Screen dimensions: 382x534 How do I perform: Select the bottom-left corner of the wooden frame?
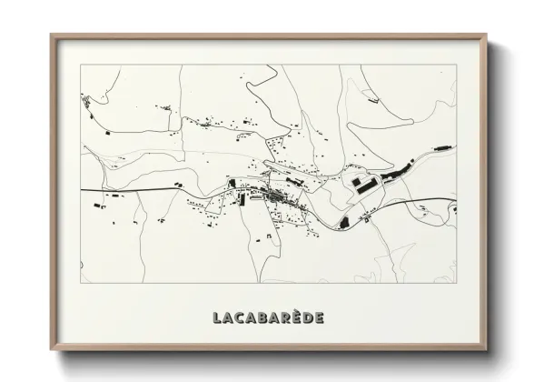pyautogui.click(x=51, y=350)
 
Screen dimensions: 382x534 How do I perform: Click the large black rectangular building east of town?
pyautogui.click(x=362, y=186)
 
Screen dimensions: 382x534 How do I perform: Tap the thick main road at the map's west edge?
pyautogui.click(x=86, y=189)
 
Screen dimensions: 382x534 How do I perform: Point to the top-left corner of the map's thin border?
pyautogui.click(x=82, y=65)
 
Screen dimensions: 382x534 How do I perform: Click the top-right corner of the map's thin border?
pyautogui.click(x=457, y=65)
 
